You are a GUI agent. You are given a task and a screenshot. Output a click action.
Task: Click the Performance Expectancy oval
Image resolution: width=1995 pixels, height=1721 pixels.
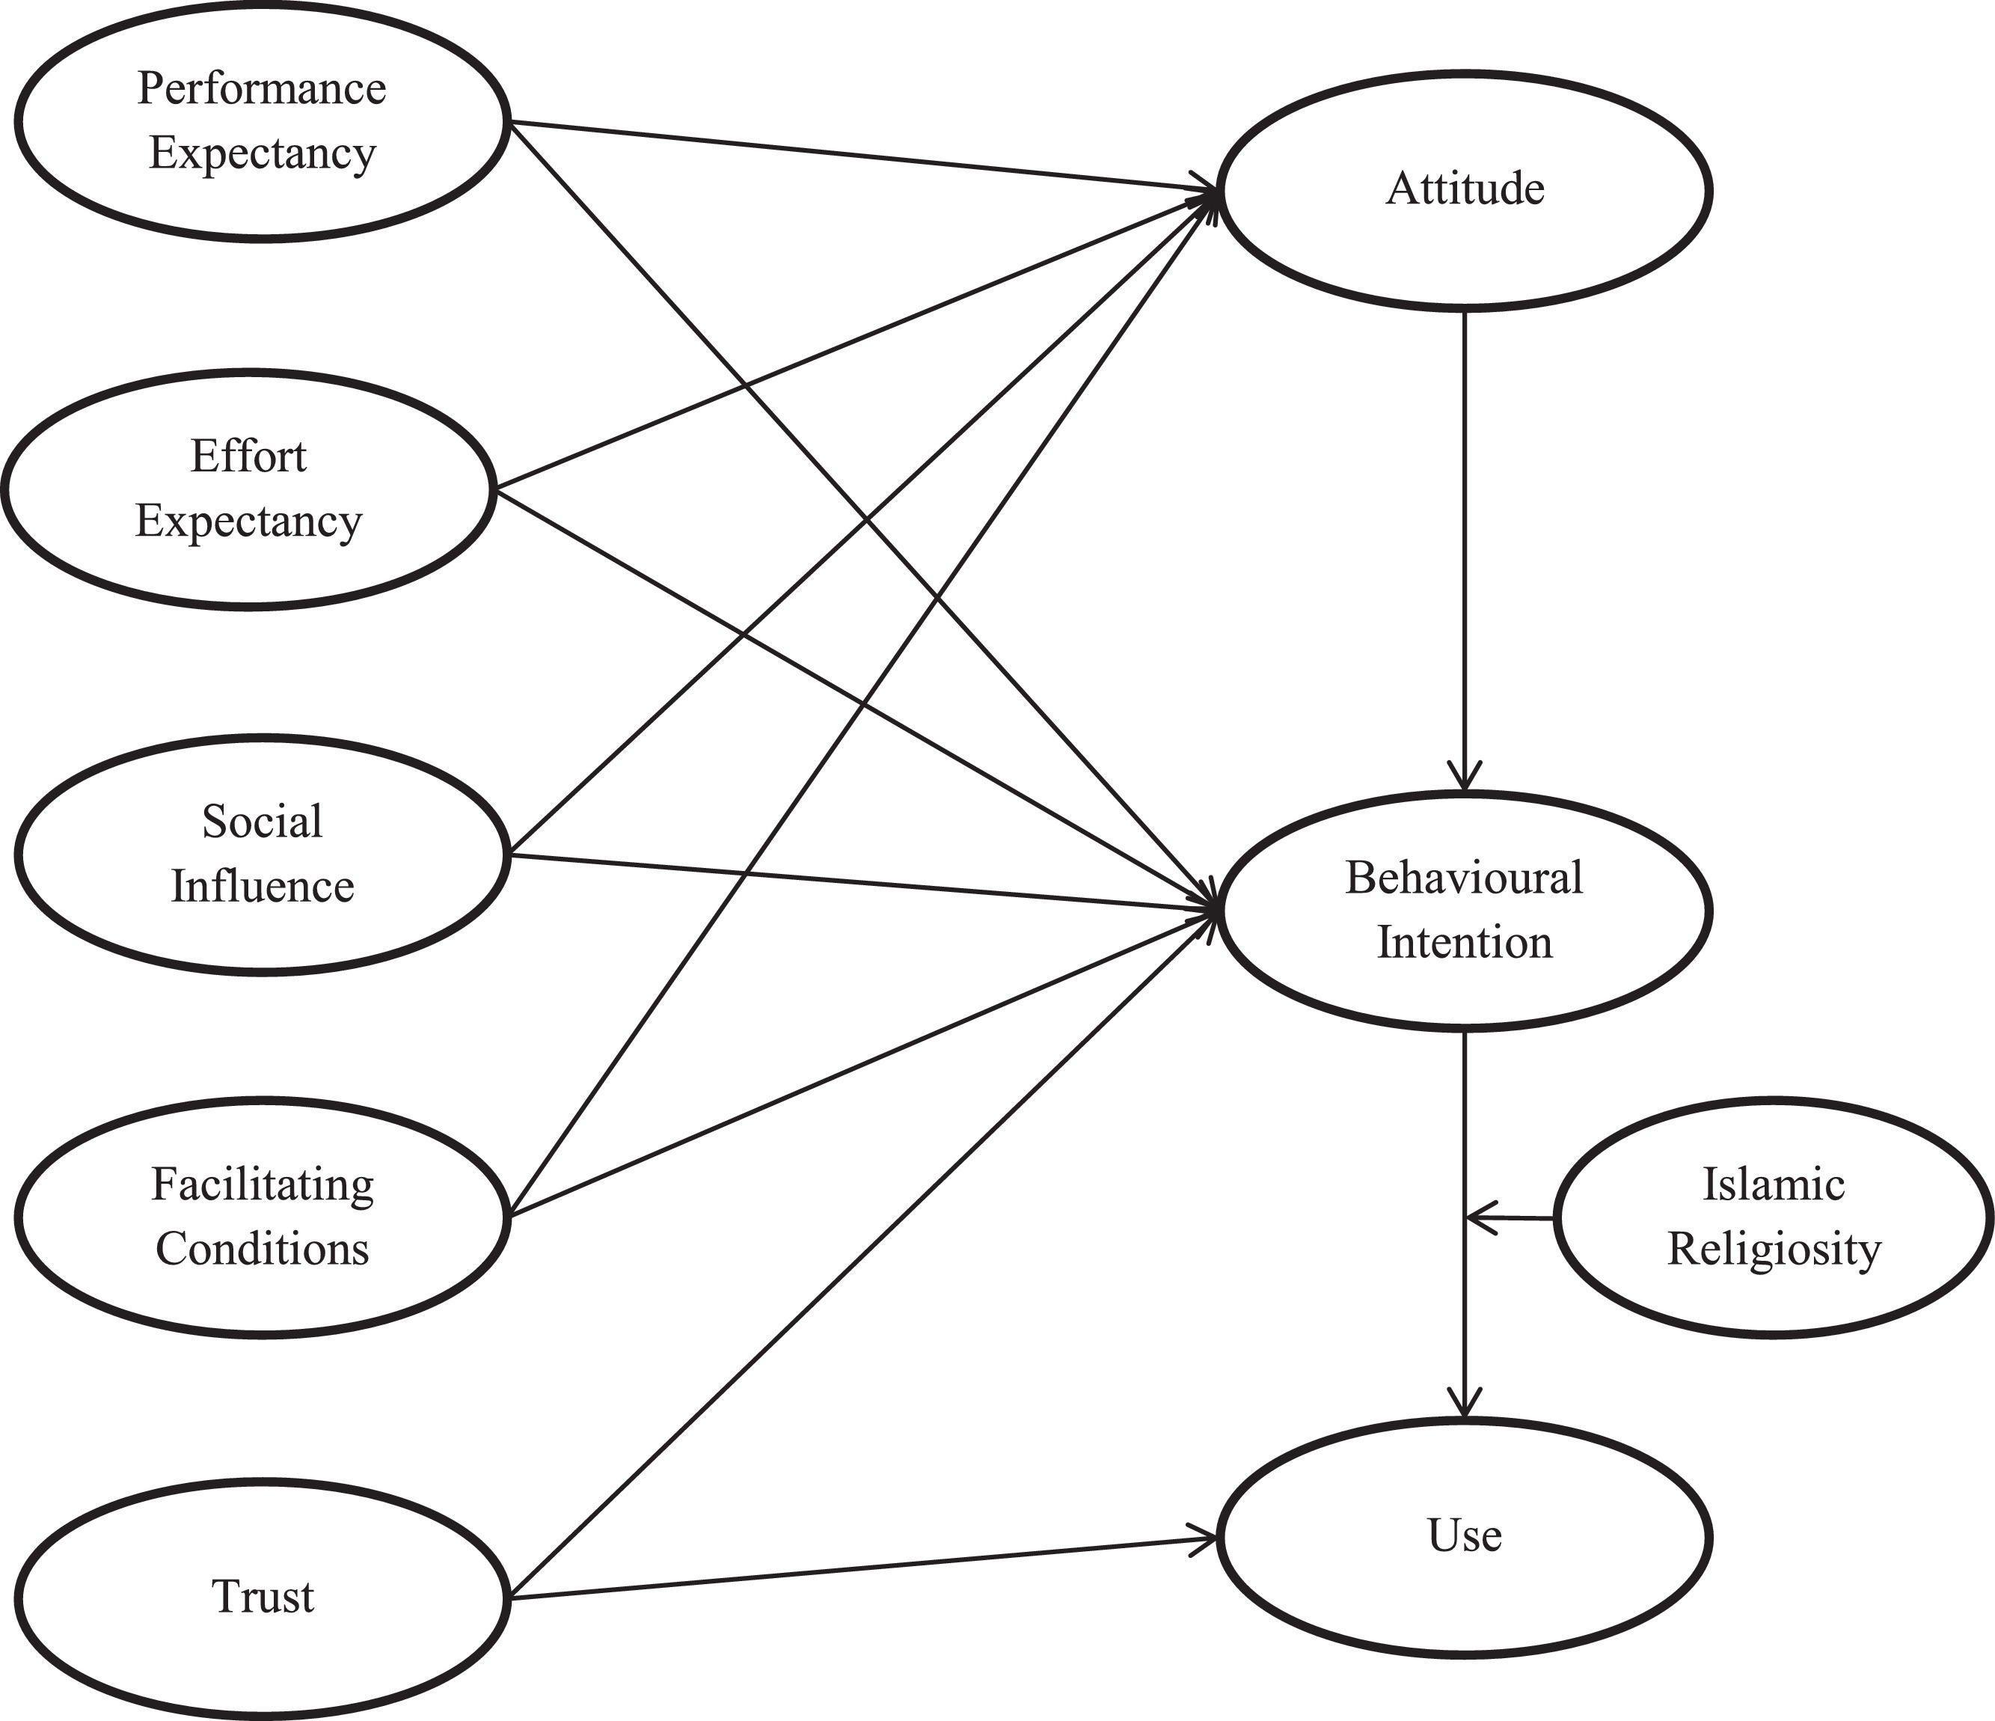[261, 120]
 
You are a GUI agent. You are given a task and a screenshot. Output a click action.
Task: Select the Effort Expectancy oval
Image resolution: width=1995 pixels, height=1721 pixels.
[248, 489]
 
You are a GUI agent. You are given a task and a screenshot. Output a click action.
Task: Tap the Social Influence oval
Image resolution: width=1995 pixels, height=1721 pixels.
[261, 855]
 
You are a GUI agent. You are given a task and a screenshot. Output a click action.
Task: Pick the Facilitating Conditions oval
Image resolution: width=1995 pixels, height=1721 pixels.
[261, 1217]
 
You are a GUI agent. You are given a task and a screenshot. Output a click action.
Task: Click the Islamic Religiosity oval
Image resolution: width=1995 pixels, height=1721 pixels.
[1773, 1217]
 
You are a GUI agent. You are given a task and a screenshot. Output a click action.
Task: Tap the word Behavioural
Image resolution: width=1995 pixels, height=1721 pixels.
[1463, 878]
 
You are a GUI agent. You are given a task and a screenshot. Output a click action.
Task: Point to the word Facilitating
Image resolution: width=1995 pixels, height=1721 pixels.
[262, 1184]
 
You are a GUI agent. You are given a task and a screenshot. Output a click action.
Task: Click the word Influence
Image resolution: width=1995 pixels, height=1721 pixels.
[262, 886]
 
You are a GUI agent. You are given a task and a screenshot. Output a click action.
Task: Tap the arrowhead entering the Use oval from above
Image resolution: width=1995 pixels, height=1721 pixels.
[1465, 1401]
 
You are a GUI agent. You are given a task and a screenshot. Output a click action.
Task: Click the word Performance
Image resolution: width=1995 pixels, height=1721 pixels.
[261, 88]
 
